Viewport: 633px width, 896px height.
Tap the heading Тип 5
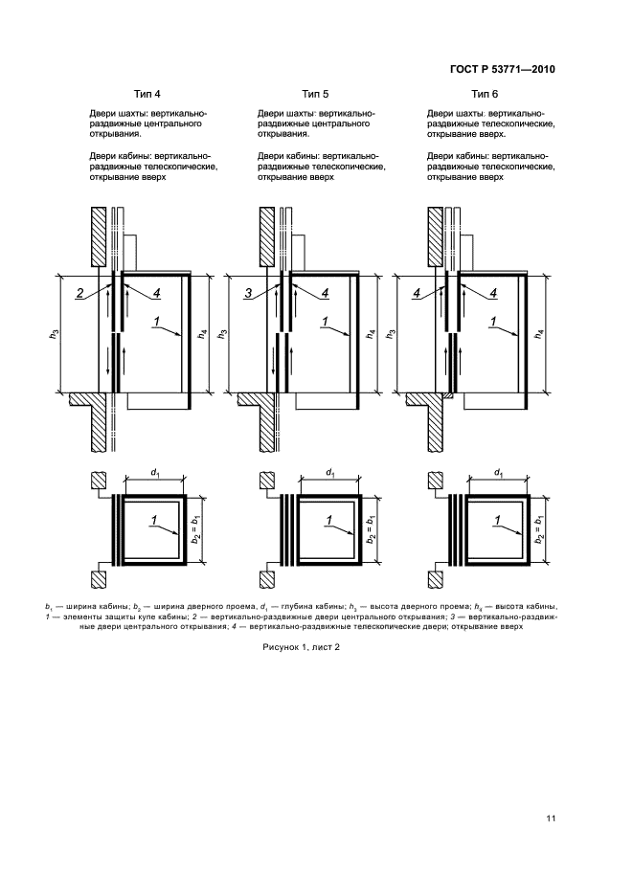(x=315, y=94)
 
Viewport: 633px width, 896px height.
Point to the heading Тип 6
(x=484, y=94)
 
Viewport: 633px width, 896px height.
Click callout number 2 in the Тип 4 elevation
(x=82, y=293)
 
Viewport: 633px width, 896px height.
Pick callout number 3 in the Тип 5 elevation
(x=249, y=293)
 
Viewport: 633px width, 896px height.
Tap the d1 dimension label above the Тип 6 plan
(x=498, y=472)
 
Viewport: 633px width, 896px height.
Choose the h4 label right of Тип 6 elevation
(x=541, y=335)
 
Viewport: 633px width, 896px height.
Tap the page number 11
(x=551, y=818)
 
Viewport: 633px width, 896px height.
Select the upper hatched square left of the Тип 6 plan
(x=436, y=482)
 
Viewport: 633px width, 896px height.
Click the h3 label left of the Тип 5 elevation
(x=222, y=335)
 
